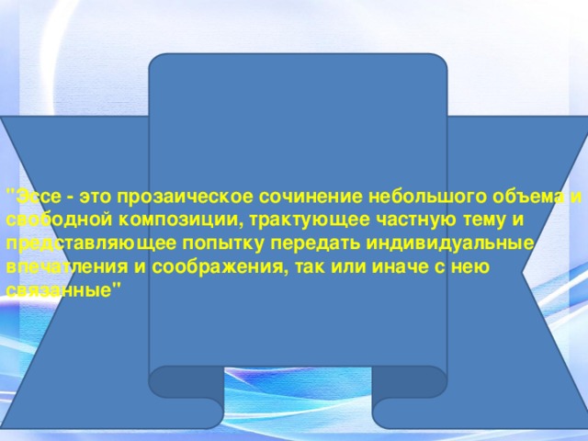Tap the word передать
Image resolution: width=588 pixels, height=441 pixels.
tap(315, 243)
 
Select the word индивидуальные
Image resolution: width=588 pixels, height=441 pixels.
tap(449, 244)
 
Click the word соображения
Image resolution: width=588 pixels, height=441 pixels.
tap(220, 268)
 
